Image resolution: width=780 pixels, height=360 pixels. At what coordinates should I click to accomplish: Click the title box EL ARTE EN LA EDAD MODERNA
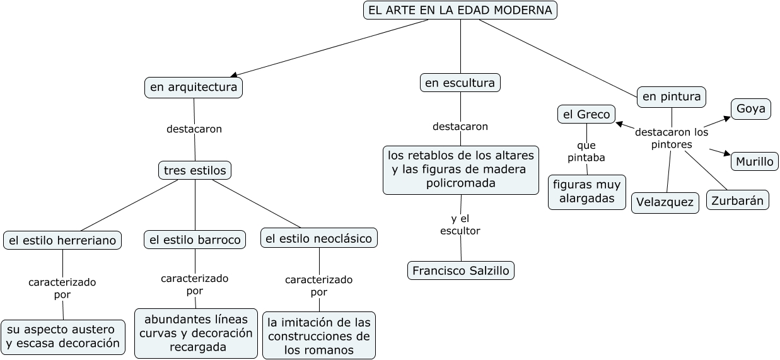(460, 10)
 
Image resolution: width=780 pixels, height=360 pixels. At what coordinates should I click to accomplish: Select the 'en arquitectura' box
(194, 87)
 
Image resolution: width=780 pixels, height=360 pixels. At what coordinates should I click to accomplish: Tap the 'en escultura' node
(460, 83)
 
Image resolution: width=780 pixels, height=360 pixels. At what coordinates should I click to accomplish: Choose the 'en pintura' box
(671, 97)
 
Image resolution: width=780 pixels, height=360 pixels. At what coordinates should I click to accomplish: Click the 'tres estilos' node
(194, 170)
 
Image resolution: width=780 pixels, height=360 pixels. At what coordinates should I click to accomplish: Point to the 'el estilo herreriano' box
(62, 240)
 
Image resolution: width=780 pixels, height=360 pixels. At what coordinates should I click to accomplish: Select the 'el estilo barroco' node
(195, 240)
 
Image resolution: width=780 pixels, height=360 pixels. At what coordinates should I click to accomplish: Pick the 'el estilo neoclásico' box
(319, 238)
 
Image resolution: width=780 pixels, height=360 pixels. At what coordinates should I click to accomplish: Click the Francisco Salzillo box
(460, 270)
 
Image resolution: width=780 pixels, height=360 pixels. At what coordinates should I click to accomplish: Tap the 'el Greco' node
(586, 114)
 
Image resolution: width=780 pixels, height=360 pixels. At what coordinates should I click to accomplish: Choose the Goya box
(750, 108)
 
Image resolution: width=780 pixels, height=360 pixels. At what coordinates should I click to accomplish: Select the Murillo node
(754, 161)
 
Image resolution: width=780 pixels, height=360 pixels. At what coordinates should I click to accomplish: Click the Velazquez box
(665, 202)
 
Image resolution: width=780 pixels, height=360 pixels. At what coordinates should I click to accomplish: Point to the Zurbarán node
(737, 201)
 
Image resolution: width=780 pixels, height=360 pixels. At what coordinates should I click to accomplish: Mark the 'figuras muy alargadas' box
(586, 192)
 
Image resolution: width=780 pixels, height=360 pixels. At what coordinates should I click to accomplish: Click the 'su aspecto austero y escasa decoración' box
(62, 337)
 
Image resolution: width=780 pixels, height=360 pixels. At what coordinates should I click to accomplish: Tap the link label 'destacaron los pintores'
(672, 139)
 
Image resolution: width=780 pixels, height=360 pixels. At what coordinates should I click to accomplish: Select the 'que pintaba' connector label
(586, 152)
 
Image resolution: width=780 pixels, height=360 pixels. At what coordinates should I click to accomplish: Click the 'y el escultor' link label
(460, 225)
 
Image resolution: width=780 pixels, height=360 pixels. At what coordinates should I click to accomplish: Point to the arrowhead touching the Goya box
(726, 119)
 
